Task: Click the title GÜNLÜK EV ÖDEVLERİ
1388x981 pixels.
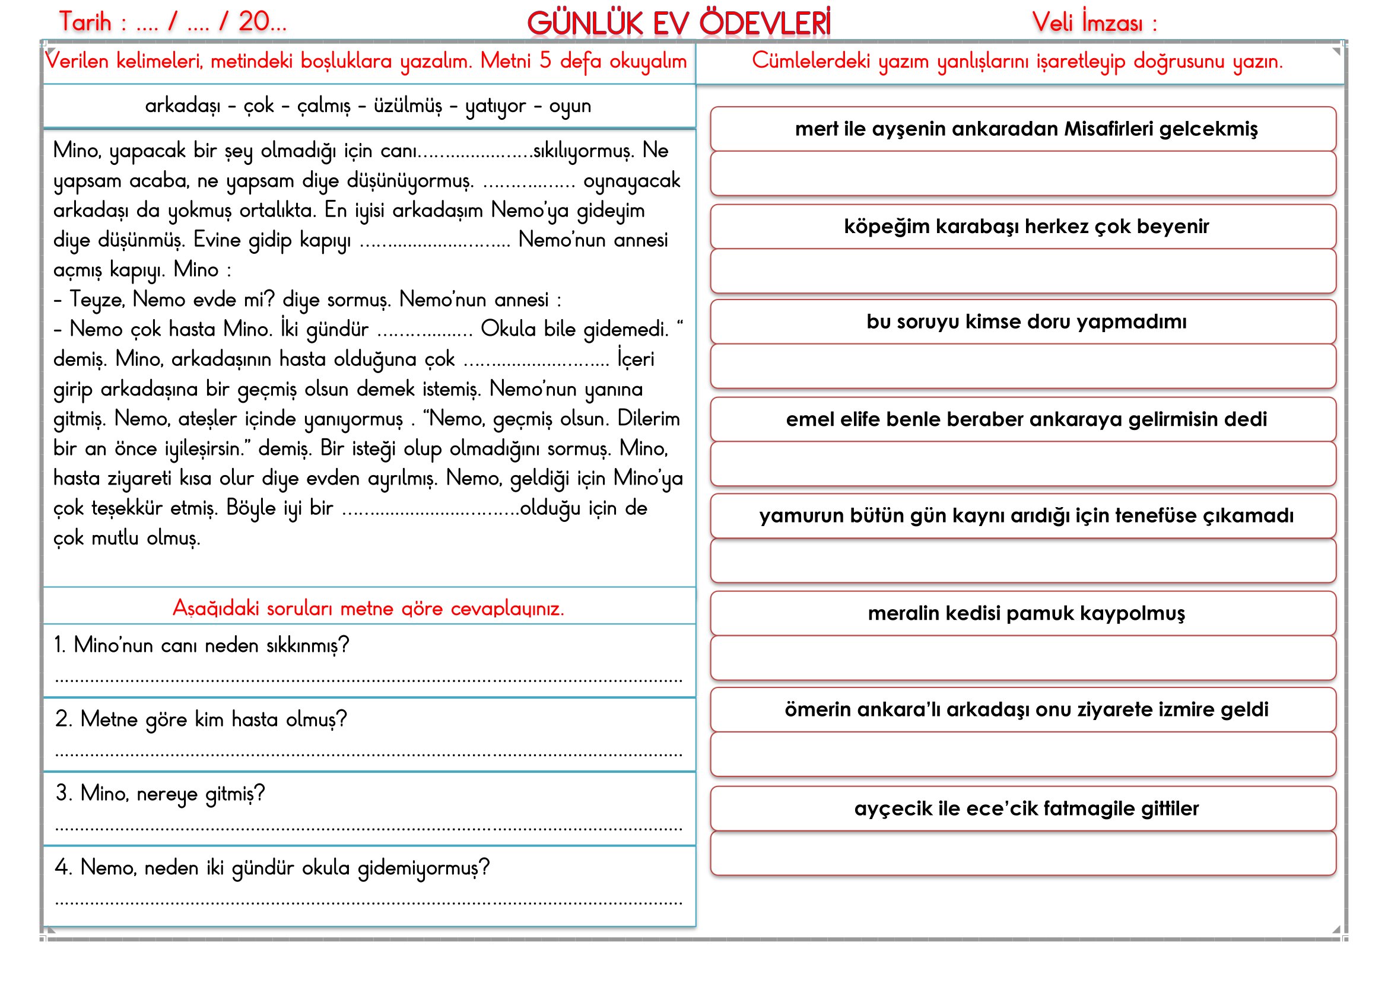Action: click(x=678, y=24)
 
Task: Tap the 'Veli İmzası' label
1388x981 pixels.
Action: click(x=1094, y=23)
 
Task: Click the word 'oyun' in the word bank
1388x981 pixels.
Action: click(x=570, y=106)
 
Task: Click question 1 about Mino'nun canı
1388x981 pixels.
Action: click(x=202, y=645)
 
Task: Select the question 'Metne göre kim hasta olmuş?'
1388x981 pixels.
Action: click(x=202, y=719)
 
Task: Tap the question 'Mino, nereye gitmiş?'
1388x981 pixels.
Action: click(x=161, y=793)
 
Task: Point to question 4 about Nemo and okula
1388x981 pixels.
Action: click(x=272, y=868)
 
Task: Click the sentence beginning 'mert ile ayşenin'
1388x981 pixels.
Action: click(x=1026, y=129)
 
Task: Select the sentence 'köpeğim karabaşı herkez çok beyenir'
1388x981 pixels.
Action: click(x=1026, y=226)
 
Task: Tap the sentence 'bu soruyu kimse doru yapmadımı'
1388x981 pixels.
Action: click(x=1026, y=321)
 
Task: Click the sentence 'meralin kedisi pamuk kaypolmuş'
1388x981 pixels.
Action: click(x=1026, y=613)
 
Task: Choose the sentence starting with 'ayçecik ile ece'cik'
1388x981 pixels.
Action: click(x=1026, y=808)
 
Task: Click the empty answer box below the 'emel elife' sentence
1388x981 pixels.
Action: click(x=1023, y=464)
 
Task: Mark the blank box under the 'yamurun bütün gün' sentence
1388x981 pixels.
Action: click(x=1023, y=560)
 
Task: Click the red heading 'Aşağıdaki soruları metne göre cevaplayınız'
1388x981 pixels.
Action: click(x=368, y=608)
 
